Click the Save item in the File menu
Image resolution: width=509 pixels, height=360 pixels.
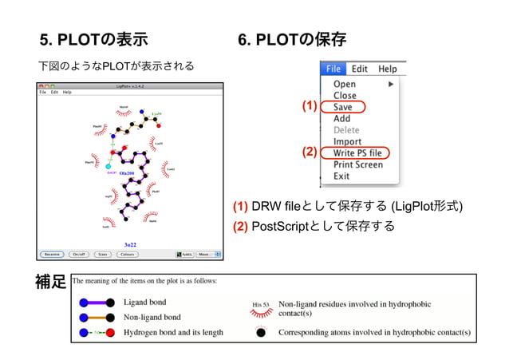[x=343, y=107]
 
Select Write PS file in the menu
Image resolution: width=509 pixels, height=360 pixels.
[x=357, y=152]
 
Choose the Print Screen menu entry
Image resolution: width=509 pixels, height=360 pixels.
[x=357, y=164]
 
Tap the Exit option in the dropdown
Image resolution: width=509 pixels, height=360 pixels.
[x=341, y=176]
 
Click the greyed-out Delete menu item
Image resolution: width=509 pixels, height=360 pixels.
[x=346, y=130]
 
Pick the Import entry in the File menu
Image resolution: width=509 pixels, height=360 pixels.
[x=347, y=141]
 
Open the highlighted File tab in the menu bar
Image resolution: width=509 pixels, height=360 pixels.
[x=333, y=69]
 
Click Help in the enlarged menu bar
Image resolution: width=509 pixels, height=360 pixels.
[x=388, y=69]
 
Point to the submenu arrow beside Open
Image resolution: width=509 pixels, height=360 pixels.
[x=391, y=84]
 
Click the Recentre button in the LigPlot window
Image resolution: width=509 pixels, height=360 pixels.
[x=53, y=255]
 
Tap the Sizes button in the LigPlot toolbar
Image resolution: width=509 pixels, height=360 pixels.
[x=102, y=255]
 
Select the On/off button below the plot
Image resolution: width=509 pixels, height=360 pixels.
[x=78, y=255]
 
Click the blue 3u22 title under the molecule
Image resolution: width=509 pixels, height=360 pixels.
[x=130, y=244]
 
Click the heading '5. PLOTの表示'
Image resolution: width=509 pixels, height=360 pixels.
[x=93, y=39]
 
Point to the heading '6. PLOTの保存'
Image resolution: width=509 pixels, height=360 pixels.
[x=292, y=39]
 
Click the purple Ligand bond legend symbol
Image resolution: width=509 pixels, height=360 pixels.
[x=94, y=303]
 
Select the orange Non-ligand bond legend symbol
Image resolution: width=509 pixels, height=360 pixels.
[x=94, y=317]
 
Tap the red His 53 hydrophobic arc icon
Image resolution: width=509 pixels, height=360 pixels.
[x=259, y=307]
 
